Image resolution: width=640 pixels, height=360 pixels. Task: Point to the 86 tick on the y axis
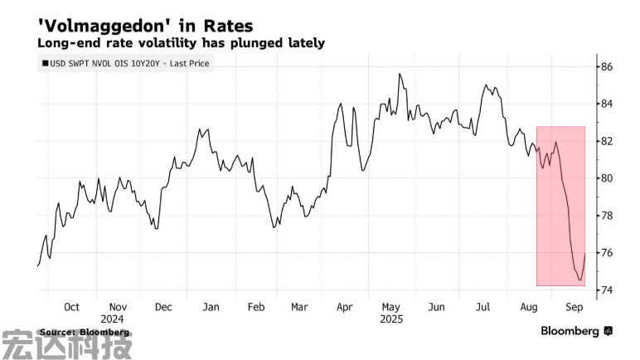coord(607,66)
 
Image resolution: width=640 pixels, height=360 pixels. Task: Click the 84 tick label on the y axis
coord(607,104)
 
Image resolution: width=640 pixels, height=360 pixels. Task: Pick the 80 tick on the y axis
coord(607,178)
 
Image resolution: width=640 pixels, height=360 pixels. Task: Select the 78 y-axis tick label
coord(607,216)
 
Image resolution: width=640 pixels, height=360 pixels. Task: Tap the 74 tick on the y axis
coord(607,290)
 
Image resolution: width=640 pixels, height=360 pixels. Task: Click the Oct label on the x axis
coord(72,307)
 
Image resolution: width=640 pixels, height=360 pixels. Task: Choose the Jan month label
coord(211,307)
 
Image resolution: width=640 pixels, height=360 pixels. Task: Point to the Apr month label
coord(345,307)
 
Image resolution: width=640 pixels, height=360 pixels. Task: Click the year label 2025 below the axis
coord(390,319)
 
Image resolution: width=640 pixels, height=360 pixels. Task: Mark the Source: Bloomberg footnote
coord(84,332)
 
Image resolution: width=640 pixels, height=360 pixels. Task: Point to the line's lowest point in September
coord(579,280)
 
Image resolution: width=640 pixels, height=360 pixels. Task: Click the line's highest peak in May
coord(400,74)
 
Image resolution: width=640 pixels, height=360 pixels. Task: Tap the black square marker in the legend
coord(44,63)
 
